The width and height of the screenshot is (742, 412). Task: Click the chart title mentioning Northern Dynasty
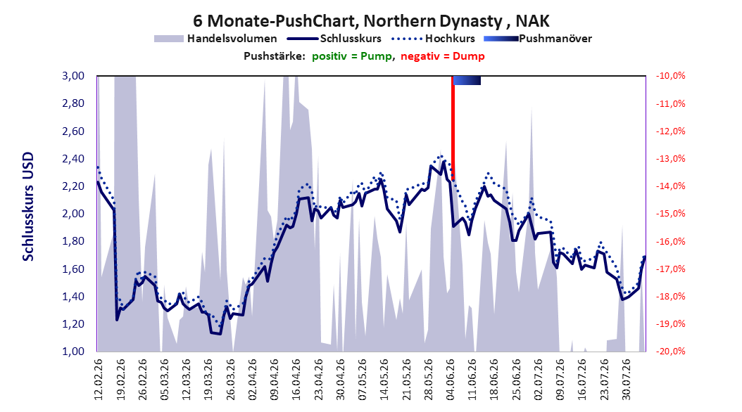pyautogui.click(x=371, y=21)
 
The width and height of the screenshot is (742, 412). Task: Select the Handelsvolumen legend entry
pyautogui.click(x=216, y=39)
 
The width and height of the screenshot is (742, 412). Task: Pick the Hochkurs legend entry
pyautogui.click(x=434, y=39)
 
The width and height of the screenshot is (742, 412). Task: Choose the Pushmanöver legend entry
pyautogui.click(x=538, y=39)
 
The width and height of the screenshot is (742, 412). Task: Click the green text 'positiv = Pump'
pyautogui.click(x=351, y=56)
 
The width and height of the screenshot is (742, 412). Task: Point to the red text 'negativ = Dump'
pyautogui.click(x=443, y=56)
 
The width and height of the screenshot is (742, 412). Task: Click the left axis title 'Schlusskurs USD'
pyautogui.click(x=28, y=207)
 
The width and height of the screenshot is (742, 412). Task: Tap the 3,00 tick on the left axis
pyautogui.click(x=73, y=76)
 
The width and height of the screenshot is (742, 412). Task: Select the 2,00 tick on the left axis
pyautogui.click(x=73, y=214)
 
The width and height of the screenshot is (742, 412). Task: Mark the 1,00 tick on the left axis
pyautogui.click(x=73, y=351)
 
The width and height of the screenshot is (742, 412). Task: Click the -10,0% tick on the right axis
pyautogui.click(x=670, y=76)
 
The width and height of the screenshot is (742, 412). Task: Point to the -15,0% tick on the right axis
pyautogui.click(x=670, y=214)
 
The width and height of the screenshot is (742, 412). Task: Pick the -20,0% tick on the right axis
pyautogui.click(x=670, y=351)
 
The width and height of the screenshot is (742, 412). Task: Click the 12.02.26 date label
pyautogui.click(x=99, y=380)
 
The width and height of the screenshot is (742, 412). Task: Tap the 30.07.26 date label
pyautogui.click(x=626, y=380)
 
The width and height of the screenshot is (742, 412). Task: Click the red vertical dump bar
pyautogui.click(x=453, y=127)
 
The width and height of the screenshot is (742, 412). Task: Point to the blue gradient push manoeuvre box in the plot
pyautogui.click(x=467, y=80)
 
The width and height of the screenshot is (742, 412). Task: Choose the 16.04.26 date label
pyautogui.click(x=296, y=380)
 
